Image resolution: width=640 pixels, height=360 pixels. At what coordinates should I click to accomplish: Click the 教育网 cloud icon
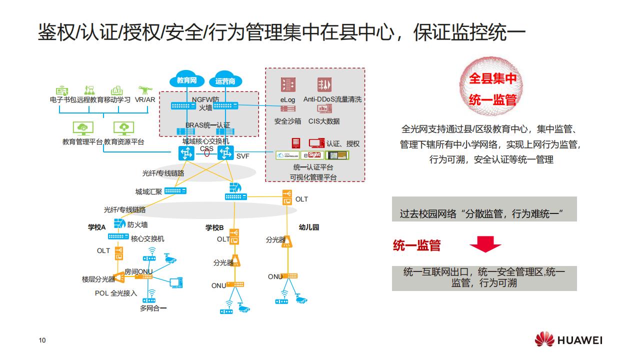(x=186, y=79)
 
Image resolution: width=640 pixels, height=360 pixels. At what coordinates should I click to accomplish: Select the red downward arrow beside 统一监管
(x=485, y=244)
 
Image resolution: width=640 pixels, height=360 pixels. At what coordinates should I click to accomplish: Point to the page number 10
(x=42, y=341)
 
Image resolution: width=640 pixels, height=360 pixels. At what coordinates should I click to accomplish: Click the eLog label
(x=287, y=99)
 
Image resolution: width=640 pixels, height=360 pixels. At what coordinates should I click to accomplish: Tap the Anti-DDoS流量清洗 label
(x=332, y=99)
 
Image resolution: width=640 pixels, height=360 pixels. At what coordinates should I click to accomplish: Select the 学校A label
(x=97, y=227)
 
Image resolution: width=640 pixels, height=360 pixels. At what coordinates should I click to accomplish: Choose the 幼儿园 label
(x=308, y=227)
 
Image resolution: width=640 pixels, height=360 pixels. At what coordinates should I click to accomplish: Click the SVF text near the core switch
(x=242, y=156)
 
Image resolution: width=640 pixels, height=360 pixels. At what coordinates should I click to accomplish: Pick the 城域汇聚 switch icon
(x=175, y=190)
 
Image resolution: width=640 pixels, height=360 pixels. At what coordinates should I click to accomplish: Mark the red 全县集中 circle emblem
(x=492, y=88)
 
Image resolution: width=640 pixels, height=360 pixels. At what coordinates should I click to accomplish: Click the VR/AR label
(x=145, y=99)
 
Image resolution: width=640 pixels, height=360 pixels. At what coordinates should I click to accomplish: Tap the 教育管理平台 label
(x=82, y=142)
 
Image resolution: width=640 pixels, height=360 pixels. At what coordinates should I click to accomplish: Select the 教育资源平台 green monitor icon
(x=124, y=128)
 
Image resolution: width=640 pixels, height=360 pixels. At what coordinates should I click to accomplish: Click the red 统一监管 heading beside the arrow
(x=416, y=245)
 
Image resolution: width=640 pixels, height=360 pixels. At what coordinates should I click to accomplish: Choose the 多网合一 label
(x=153, y=308)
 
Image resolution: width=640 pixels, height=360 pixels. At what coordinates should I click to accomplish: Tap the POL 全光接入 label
(x=116, y=293)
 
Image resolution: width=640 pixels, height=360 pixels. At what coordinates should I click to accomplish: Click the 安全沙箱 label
(x=287, y=121)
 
